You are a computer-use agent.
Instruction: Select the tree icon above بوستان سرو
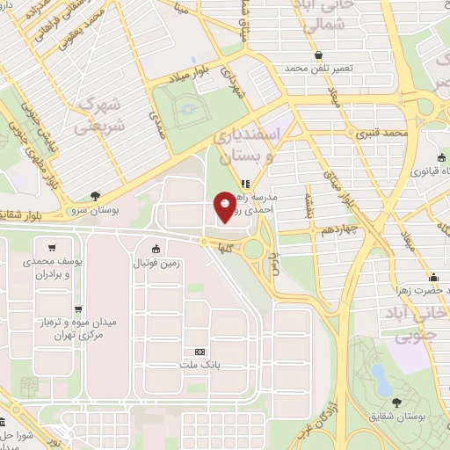(94, 197)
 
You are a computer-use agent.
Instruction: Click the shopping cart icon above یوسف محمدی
(54, 247)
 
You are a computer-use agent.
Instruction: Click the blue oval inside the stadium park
(187, 111)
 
